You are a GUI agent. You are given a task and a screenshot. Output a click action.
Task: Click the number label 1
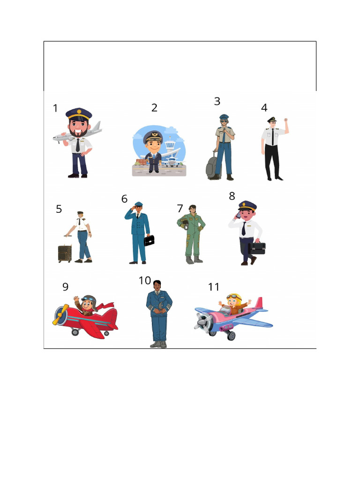pyautogui.click(x=55, y=108)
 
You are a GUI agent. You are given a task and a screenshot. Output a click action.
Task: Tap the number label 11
pyautogui.click(x=214, y=287)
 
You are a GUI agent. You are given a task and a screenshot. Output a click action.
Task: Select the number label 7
pyautogui.click(x=180, y=209)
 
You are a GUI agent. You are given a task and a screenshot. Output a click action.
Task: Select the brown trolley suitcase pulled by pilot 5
pyautogui.click(x=65, y=253)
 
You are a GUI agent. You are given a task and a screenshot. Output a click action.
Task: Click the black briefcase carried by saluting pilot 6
pyautogui.click(x=149, y=240)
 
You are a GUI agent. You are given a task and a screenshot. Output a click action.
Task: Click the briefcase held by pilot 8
pyautogui.click(x=257, y=248)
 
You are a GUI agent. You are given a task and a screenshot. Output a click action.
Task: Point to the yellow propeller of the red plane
pyautogui.click(x=60, y=315)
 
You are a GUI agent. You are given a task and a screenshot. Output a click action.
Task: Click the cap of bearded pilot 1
pyautogui.click(x=79, y=113)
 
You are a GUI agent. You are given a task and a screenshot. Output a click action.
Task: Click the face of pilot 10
pyautogui.click(x=157, y=285)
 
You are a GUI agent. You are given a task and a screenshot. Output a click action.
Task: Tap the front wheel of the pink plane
pyautogui.click(x=231, y=335)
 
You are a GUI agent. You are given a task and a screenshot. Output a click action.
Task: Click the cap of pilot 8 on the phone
pyautogui.click(x=247, y=205)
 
